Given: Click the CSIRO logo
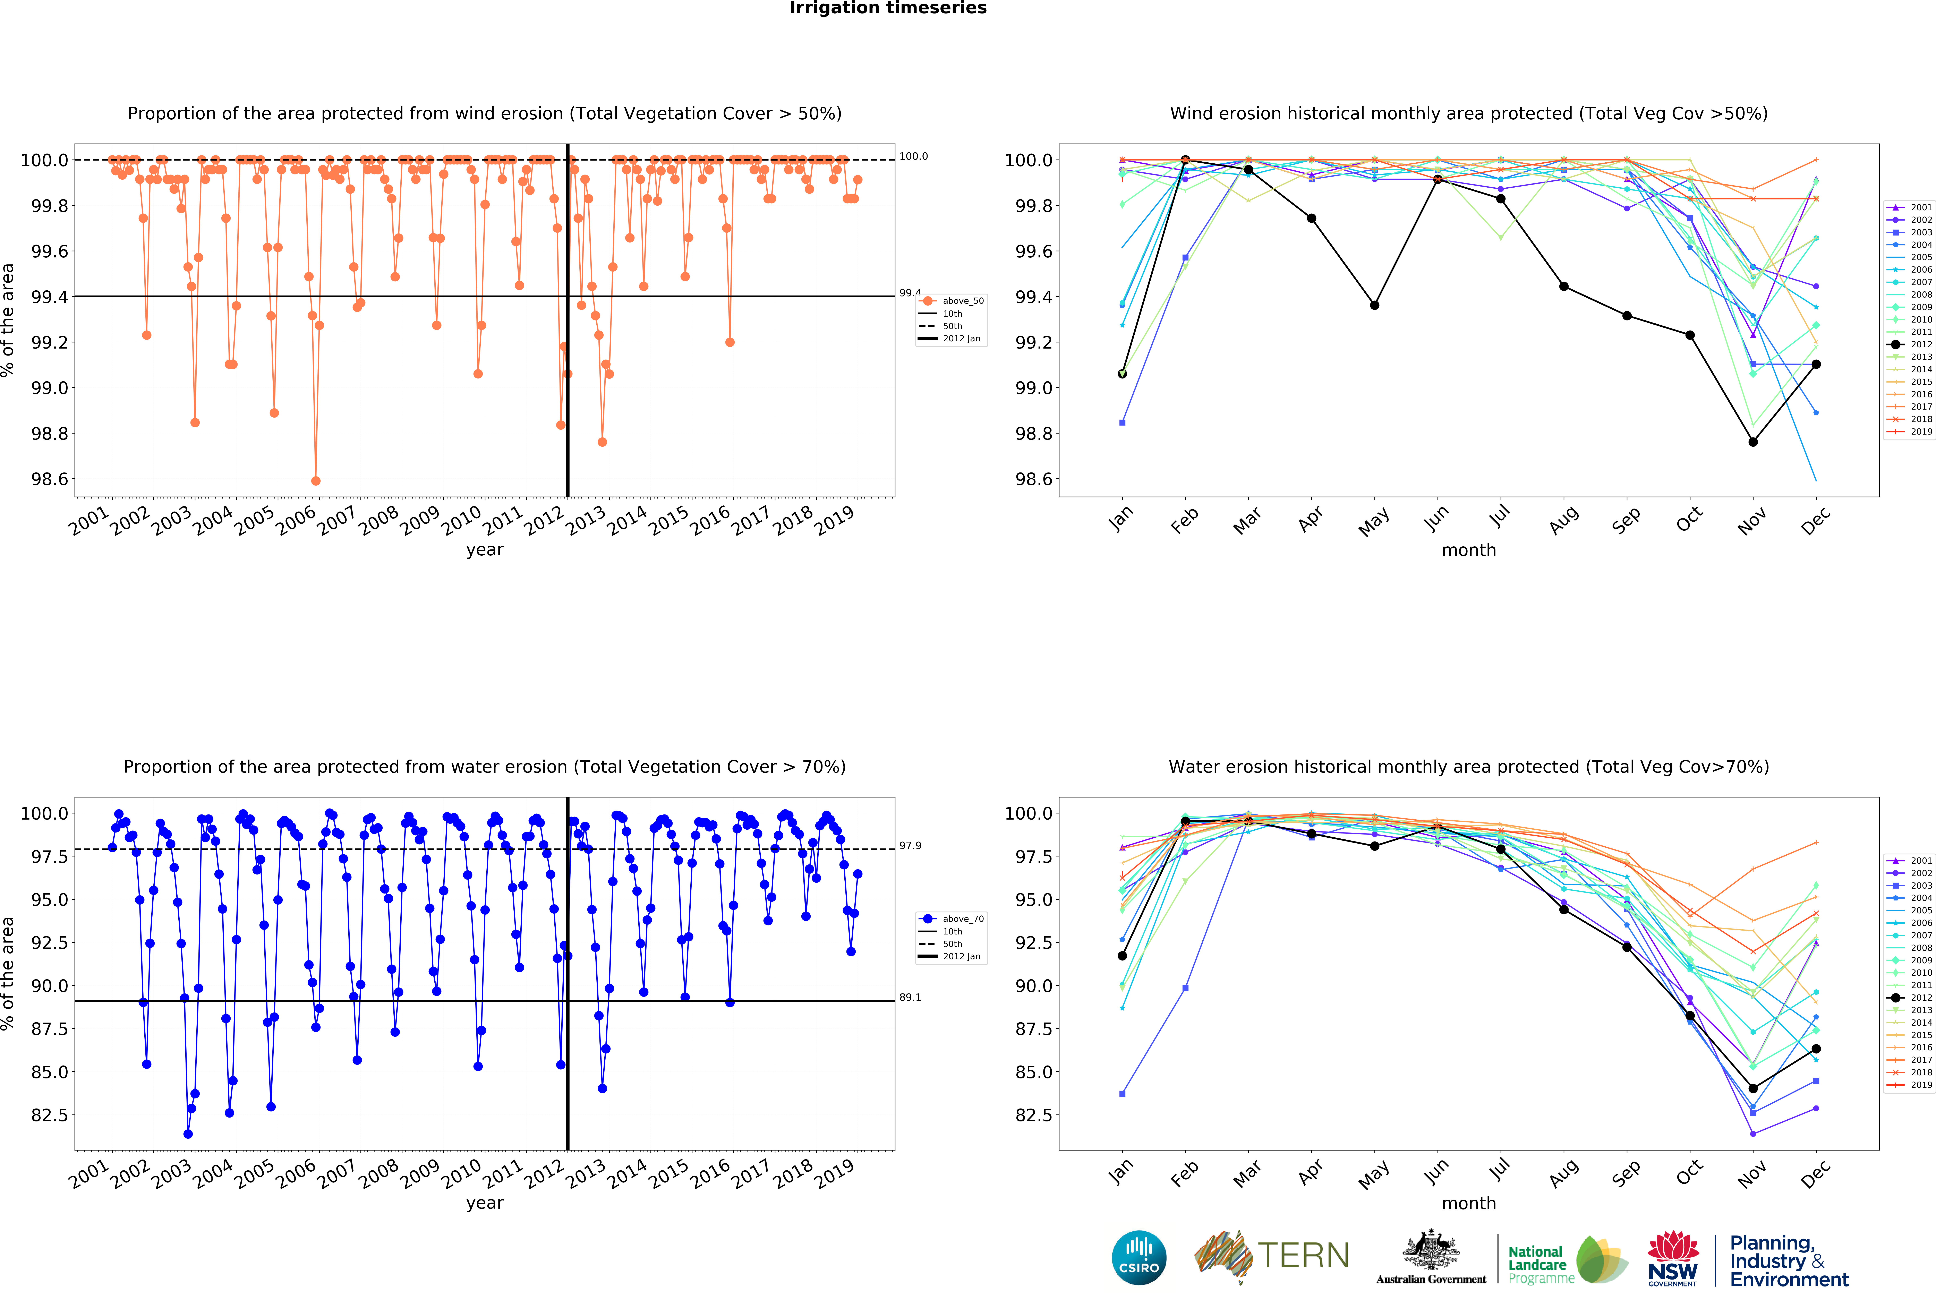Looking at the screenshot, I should [x=1139, y=1257].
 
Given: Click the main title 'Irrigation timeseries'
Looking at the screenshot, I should [x=888, y=8].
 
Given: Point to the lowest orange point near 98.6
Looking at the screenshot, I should [x=316, y=481].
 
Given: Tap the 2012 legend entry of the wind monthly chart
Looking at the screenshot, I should [x=1914, y=344].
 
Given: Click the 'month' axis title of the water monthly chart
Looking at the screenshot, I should [x=1469, y=1203].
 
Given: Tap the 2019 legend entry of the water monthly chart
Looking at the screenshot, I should [x=1914, y=1085].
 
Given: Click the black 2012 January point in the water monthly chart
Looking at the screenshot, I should [x=1122, y=956].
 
